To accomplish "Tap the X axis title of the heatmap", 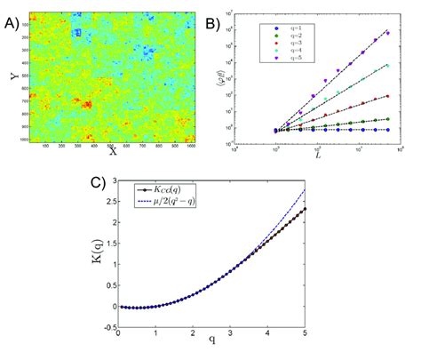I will (113, 151).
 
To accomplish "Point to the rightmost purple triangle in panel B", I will (387, 33).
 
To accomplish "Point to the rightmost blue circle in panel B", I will (387, 130).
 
